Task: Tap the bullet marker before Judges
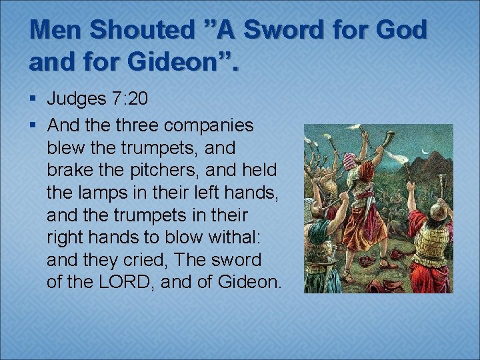click(x=33, y=100)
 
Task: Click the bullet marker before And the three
click(x=33, y=125)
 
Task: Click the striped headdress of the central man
click(x=351, y=161)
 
